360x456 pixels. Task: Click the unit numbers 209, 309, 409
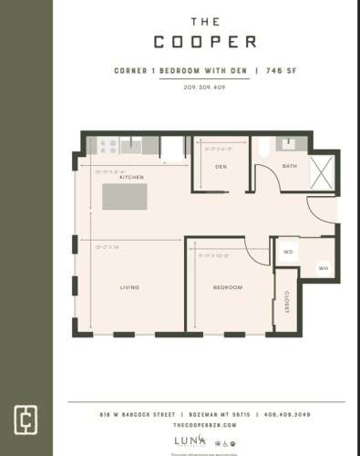(204, 87)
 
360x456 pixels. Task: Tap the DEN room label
(221, 167)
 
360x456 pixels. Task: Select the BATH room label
(289, 166)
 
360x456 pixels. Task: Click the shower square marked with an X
(323, 171)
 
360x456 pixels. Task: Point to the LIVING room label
(129, 287)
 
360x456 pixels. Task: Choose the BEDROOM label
(228, 287)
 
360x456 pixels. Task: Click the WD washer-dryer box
(287, 251)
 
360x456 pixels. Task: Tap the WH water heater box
(324, 267)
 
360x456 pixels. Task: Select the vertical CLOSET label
(285, 301)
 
